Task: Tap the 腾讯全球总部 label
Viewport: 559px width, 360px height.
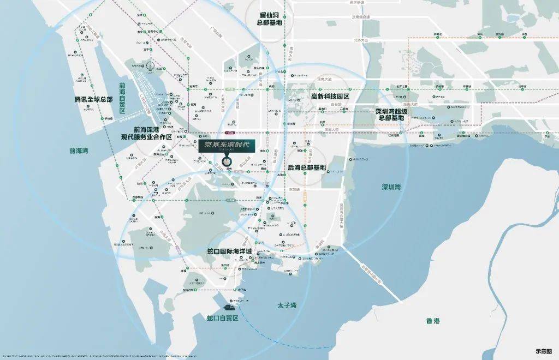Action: point(93,100)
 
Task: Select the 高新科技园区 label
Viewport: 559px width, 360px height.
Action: point(330,96)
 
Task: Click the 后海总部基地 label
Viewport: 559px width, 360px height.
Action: point(306,167)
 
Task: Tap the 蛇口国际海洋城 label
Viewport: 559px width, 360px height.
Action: point(229,251)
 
